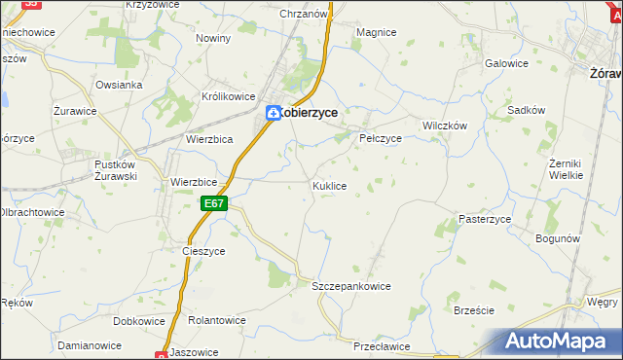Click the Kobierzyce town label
click(x=311, y=113)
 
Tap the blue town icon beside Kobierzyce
click(x=275, y=113)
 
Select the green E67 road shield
click(x=215, y=203)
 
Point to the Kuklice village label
click(x=329, y=185)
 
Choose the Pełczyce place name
click(x=381, y=138)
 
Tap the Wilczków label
click(x=445, y=126)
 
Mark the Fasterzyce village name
click(x=485, y=220)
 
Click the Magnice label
click(x=376, y=32)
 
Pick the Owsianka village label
click(x=119, y=85)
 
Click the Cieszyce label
click(x=203, y=250)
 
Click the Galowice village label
click(x=506, y=63)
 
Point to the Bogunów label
click(x=558, y=237)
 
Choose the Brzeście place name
click(x=474, y=310)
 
